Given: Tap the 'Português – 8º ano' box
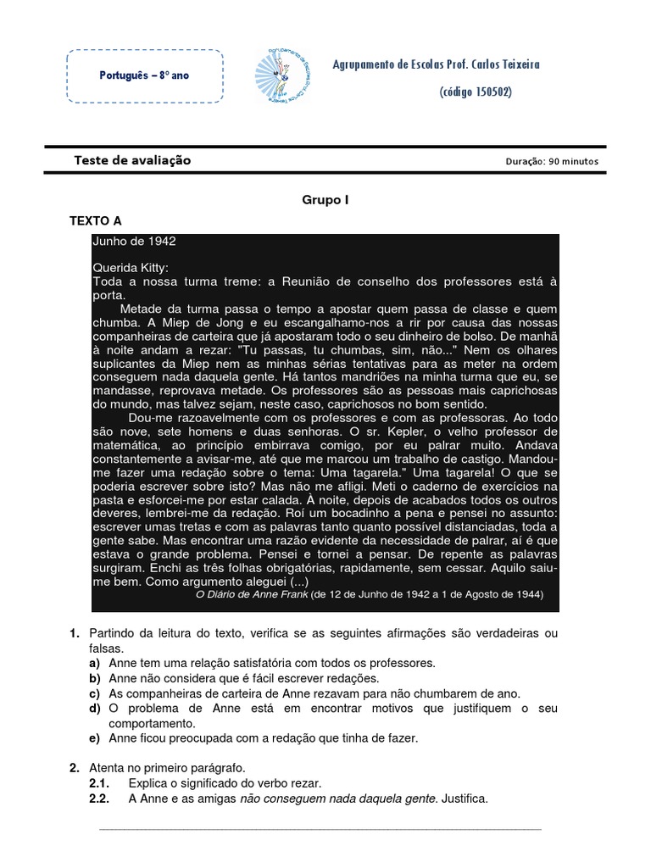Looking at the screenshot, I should pyautogui.click(x=145, y=75).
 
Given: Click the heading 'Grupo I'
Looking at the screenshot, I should pyautogui.click(x=325, y=200).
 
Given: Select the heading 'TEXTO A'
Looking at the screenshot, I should pyautogui.click(x=96, y=220).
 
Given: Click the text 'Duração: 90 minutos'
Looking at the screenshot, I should pyautogui.click(x=551, y=161).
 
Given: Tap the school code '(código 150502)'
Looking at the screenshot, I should pyautogui.click(x=476, y=92).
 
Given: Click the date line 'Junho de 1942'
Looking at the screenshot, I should pyautogui.click(x=134, y=241).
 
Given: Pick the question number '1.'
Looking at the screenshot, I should pyautogui.click(x=74, y=633).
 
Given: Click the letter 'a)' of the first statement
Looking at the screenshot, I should pyautogui.click(x=95, y=662).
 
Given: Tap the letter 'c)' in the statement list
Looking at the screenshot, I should pyautogui.click(x=95, y=693).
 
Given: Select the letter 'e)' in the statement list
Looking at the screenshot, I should pyautogui.click(x=95, y=738).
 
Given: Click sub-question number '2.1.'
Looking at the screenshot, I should pyautogui.click(x=100, y=783).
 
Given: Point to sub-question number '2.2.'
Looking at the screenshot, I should pyautogui.click(x=100, y=798).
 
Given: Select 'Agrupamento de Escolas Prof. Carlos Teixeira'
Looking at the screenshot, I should pyautogui.click(x=436, y=64).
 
